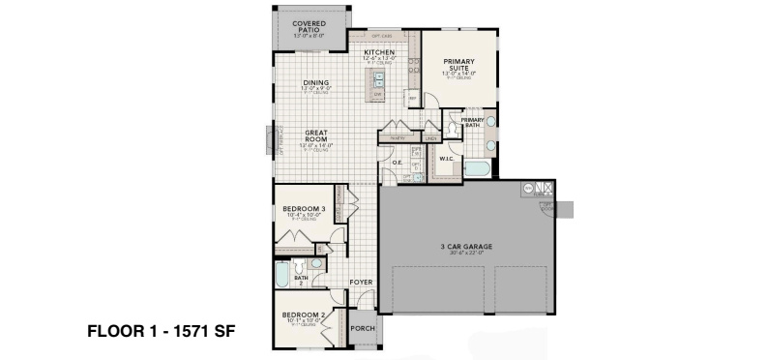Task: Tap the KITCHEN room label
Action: tap(379, 52)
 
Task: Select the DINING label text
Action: tap(315, 83)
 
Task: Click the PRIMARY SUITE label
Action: tap(459, 66)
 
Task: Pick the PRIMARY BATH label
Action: tap(472, 122)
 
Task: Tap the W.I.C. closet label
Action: tap(447, 159)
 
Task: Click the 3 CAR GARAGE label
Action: tap(466, 247)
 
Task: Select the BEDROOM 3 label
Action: tap(304, 209)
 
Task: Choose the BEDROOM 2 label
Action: tap(303, 315)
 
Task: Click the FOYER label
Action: tap(362, 283)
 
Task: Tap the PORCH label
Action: tap(362, 326)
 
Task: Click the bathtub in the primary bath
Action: tap(478, 170)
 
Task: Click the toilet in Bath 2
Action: tap(315, 263)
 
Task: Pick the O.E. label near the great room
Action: tap(397, 163)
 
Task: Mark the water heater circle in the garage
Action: tap(528, 188)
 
